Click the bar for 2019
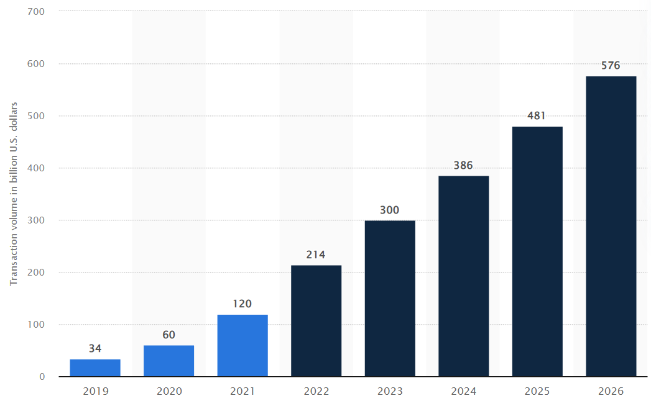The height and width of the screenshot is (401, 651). click(95, 367)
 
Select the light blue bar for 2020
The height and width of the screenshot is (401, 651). click(169, 361)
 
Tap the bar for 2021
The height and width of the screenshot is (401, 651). click(242, 345)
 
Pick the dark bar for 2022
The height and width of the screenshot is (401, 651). click(316, 320)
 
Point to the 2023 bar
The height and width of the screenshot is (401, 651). click(390, 298)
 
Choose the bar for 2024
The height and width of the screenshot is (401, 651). click(463, 276)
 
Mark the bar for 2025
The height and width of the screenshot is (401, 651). click(537, 251)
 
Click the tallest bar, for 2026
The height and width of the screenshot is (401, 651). click(611, 226)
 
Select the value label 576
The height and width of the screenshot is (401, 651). click(611, 65)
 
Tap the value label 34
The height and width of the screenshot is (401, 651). click(95, 348)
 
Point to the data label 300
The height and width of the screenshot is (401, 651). click(390, 210)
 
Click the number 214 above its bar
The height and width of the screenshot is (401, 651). click(316, 255)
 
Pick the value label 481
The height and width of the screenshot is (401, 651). click(537, 115)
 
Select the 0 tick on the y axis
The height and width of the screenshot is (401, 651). click(42, 377)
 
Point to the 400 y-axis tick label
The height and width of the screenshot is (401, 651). click(36, 168)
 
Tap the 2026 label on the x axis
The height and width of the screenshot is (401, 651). click(611, 392)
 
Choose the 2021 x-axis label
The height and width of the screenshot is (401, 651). click(242, 392)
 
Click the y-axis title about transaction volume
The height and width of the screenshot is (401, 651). click(14, 194)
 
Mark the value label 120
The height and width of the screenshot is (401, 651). click(242, 304)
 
